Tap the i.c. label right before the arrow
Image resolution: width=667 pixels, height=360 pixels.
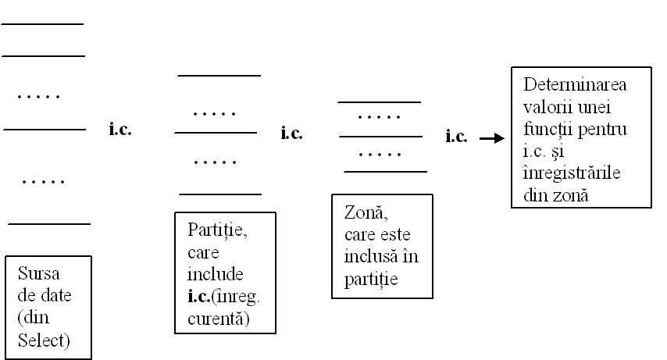click(x=457, y=137)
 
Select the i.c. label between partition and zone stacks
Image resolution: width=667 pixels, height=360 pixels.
click(x=291, y=134)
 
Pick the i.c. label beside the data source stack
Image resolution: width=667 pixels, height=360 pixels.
click(x=120, y=130)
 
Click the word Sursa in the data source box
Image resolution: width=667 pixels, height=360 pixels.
click(x=40, y=274)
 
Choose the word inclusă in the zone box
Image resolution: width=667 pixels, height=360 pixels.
click(x=370, y=256)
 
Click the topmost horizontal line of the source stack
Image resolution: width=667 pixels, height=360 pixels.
click(x=43, y=24)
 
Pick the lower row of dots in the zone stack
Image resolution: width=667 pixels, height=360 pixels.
click(x=380, y=154)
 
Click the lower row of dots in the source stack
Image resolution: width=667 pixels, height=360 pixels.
click(x=44, y=182)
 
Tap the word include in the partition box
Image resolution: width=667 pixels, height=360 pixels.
click(x=216, y=275)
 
